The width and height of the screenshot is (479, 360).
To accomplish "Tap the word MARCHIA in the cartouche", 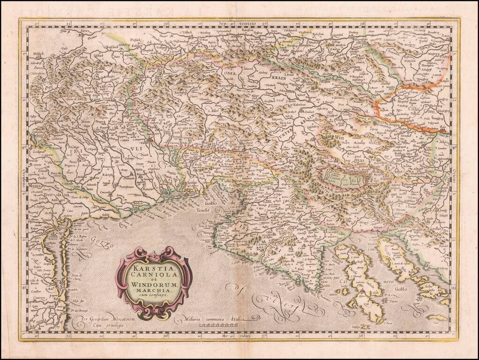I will (x=154, y=289).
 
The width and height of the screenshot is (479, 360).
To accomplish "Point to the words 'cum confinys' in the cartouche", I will (x=154, y=295).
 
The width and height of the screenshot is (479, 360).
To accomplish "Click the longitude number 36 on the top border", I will (x=165, y=22).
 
